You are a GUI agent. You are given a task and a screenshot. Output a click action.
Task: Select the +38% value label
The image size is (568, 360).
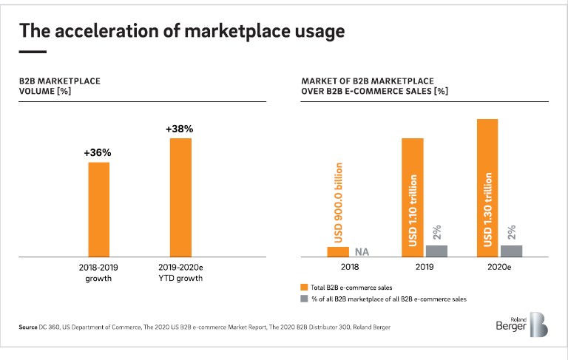coord(180,129)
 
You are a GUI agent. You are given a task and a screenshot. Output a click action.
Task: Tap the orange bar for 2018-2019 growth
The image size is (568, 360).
coord(98,209)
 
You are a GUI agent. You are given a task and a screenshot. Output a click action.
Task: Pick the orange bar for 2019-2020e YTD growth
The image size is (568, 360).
coord(180,197)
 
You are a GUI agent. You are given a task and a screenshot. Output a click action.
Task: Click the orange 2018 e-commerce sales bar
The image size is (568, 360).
coord(338,251)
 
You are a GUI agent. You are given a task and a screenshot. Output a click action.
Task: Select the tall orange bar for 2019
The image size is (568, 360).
coord(412,197)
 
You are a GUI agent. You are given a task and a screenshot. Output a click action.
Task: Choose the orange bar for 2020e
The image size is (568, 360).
coord(487,188)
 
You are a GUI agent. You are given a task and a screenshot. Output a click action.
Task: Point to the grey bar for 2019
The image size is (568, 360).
coord(436,251)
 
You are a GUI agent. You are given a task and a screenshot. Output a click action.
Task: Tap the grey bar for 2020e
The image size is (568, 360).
coord(511,251)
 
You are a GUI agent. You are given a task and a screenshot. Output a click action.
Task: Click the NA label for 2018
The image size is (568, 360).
coord(362,252)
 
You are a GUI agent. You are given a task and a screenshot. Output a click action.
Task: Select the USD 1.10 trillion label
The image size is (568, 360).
coord(413,211)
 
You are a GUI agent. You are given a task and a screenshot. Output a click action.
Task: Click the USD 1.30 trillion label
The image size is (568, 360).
coord(487,210)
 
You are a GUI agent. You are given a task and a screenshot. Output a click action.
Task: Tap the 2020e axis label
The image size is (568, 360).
coord(499,268)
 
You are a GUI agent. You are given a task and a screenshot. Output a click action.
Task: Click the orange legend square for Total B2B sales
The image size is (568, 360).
coord(304,287)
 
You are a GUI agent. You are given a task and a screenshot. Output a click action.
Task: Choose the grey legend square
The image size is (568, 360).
coord(304,299)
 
